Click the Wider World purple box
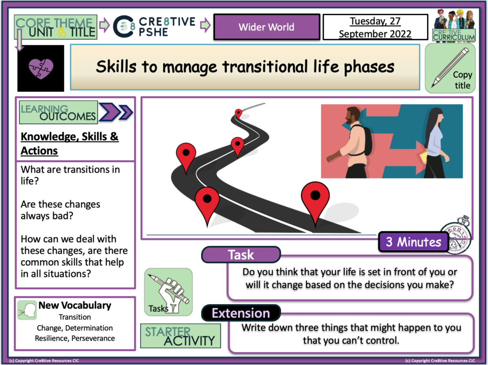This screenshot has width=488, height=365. [266, 27]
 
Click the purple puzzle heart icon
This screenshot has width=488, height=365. [41, 68]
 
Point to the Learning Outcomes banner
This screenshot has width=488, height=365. [59, 112]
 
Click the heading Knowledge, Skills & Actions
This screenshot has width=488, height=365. [69, 144]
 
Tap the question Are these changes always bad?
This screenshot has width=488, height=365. [60, 210]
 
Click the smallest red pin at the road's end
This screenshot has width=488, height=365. [238, 113]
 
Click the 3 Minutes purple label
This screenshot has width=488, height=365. [413, 242]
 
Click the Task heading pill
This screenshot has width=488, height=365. [241, 255]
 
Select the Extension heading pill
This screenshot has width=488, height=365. [241, 313]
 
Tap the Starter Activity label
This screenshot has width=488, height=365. [181, 336]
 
